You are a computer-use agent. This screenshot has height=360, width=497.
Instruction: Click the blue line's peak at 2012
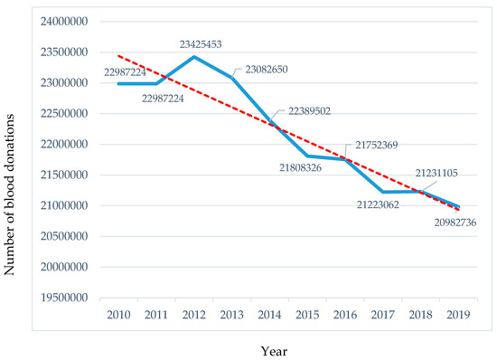coord(193,56)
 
